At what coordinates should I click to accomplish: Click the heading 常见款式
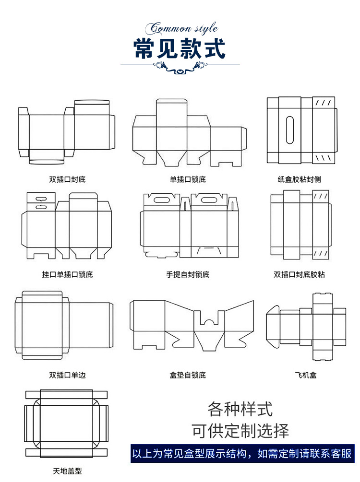pyautogui.click(x=180, y=48)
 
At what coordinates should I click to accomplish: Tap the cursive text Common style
pyautogui.click(x=184, y=28)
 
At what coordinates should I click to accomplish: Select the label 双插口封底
pyautogui.click(x=67, y=179)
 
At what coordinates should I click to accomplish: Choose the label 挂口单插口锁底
pyautogui.click(x=67, y=275)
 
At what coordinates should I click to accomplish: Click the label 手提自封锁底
pyautogui.click(x=188, y=275)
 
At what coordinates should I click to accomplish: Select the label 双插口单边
pyautogui.click(x=67, y=375)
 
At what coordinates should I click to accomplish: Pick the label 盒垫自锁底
pyautogui.click(x=188, y=375)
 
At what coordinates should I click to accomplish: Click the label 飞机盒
pyautogui.click(x=306, y=375)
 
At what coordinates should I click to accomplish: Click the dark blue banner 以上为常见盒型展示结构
pyautogui.click(x=242, y=453)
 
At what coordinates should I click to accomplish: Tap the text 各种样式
pyautogui.click(x=240, y=409)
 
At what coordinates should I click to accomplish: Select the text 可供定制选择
pyautogui.click(x=240, y=431)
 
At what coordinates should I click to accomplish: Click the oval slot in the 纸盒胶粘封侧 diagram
pyautogui.click(x=289, y=130)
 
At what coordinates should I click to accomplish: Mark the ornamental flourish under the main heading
pyautogui.click(x=180, y=67)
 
